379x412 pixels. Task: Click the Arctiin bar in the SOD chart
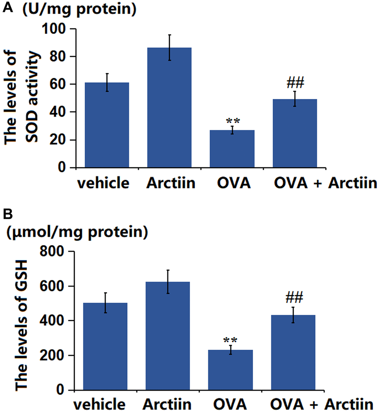coord(169,107)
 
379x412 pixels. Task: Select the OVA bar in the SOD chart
coord(232,149)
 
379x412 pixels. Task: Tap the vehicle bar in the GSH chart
coord(106,346)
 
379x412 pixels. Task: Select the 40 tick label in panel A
coord(61,112)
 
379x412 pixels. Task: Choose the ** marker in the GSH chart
coord(230,341)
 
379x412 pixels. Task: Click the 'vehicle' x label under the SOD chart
coord(104,183)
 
